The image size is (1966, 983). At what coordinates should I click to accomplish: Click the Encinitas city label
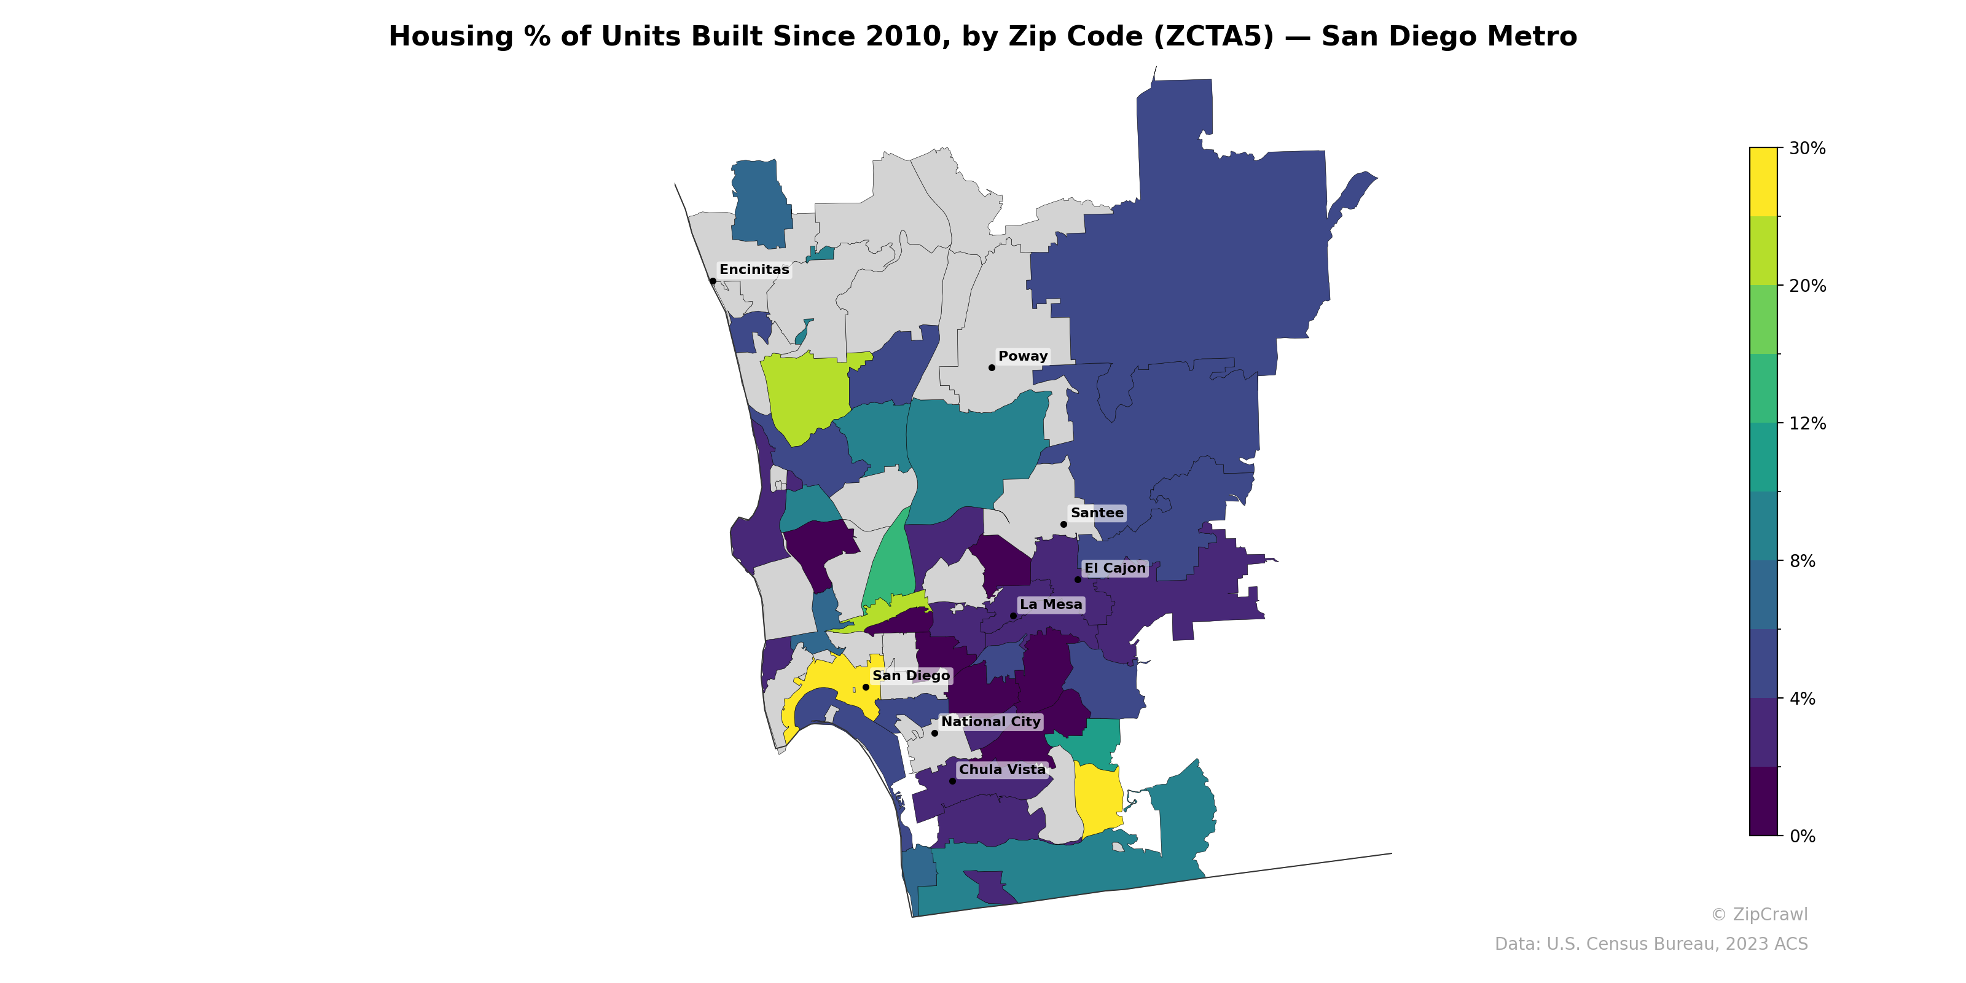pyautogui.click(x=754, y=270)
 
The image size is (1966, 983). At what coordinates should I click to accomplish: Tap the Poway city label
pyautogui.click(x=1023, y=356)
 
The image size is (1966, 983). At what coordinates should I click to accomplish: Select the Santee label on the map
pyautogui.click(x=1097, y=513)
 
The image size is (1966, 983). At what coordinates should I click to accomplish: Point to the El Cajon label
pyautogui.click(x=1115, y=568)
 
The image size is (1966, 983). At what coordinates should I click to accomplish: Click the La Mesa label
pyautogui.click(x=1051, y=605)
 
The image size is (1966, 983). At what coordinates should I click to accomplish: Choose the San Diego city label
pyautogui.click(x=911, y=675)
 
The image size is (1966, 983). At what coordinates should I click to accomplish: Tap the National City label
pyautogui.click(x=990, y=721)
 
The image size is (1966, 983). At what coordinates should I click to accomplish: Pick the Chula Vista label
pyautogui.click(x=1002, y=769)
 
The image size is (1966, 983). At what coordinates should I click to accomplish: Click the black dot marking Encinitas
pyautogui.click(x=713, y=281)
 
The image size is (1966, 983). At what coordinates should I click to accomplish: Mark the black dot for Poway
pyautogui.click(x=992, y=368)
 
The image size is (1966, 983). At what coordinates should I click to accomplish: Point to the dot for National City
pyautogui.click(x=934, y=733)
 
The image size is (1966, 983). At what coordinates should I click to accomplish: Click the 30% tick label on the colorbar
pyautogui.click(x=1807, y=148)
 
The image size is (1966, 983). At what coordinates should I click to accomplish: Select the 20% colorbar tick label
pyautogui.click(x=1807, y=286)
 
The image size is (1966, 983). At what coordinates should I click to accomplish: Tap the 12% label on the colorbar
pyautogui.click(x=1807, y=423)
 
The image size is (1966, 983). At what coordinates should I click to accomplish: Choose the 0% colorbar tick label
pyautogui.click(x=1803, y=836)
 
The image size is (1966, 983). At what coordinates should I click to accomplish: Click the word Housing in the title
pyautogui.click(x=450, y=37)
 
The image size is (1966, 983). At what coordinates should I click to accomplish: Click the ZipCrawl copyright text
pyautogui.click(x=1759, y=914)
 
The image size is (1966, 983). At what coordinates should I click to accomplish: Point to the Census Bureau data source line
pyautogui.click(x=1651, y=944)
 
